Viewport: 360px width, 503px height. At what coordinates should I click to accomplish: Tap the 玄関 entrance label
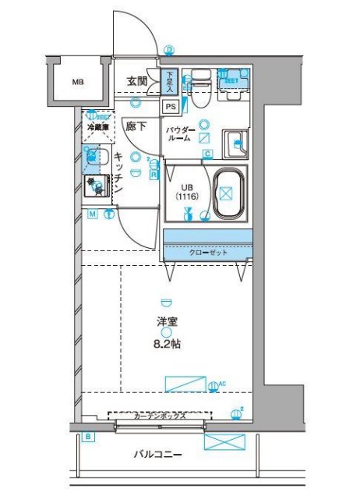coord(138,80)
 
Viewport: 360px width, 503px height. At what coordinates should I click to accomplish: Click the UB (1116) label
coord(187,193)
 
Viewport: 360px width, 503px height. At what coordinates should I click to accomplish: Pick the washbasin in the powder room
coord(235,143)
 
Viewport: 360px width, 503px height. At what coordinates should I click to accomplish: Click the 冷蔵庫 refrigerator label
coord(97,126)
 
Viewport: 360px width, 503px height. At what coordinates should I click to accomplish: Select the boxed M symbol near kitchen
coord(92,214)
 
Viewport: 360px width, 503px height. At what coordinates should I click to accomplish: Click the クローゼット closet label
coord(206,253)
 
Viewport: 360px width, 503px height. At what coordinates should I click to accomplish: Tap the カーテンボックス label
coord(159,416)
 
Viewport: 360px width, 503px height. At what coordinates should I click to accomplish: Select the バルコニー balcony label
coord(157,454)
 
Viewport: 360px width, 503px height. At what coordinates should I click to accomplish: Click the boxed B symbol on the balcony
coord(88,437)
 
